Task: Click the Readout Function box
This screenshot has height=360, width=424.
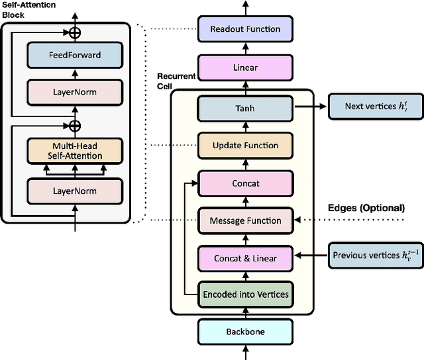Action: tap(245, 29)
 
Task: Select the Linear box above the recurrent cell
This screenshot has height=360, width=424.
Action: tap(245, 67)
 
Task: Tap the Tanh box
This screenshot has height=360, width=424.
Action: tap(245, 109)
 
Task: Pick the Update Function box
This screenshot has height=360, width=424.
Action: tap(245, 146)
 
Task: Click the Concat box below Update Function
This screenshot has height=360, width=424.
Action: tap(245, 183)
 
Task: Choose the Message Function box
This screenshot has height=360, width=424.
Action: tap(245, 220)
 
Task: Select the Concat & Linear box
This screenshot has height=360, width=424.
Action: tap(245, 258)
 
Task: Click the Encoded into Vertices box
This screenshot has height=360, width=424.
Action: tap(245, 294)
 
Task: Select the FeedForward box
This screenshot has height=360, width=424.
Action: tap(74, 55)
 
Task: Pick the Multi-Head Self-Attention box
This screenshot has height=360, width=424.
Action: tap(74, 151)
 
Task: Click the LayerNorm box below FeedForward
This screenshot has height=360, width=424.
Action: tap(74, 93)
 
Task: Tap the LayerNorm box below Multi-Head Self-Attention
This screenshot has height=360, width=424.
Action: tap(74, 191)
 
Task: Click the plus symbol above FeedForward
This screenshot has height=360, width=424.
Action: tap(75, 31)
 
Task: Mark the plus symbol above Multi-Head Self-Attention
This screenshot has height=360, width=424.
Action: tap(75, 126)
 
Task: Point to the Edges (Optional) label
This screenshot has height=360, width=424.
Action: tap(366, 208)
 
